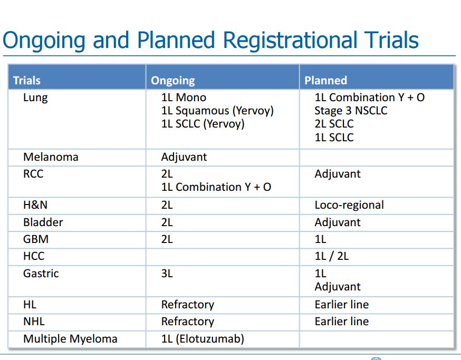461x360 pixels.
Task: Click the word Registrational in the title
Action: pos(290,41)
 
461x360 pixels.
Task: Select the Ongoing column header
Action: pos(173,81)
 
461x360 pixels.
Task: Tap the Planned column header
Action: pos(326,80)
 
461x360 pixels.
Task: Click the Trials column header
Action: pos(27,80)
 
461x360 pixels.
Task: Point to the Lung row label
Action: pos(35,98)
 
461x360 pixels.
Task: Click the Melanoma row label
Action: pos(51,157)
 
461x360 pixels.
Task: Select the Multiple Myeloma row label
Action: pos(70,339)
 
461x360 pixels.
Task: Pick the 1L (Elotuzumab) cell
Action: pos(203,339)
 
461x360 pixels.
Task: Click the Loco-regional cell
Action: pos(349,205)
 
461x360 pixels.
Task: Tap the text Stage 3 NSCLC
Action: pos(351,111)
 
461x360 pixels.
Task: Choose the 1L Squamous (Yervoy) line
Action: pos(217,111)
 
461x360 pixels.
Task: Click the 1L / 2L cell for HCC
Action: pos(332,256)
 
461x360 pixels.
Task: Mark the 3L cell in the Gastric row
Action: pos(167,274)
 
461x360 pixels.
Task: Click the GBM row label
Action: pos(36,239)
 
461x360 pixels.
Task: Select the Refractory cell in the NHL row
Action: pos(188,322)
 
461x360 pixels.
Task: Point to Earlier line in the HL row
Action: pos(342,305)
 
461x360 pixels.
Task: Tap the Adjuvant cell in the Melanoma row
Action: pos(184,157)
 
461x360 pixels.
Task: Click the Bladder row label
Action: pos(43,222)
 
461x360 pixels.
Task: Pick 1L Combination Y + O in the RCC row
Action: pos(216,187)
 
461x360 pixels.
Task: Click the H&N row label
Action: pos(35,205)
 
